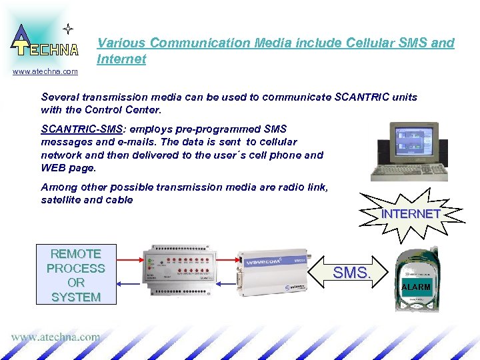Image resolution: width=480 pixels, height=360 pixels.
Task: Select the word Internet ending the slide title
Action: pos(121,59)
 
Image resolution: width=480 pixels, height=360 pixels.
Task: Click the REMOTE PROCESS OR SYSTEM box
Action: pos(76,275)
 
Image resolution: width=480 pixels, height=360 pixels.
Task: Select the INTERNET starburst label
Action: pos(411,214)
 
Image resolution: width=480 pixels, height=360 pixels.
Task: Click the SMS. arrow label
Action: pos(351,273)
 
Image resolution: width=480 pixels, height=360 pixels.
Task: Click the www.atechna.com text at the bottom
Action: pos(55,337)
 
